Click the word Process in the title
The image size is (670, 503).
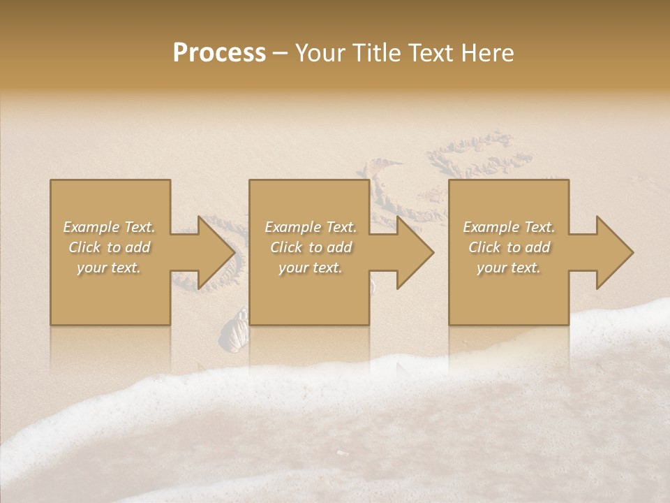pos(219,53)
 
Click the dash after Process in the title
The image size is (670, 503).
pos(281,54)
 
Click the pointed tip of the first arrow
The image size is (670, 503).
pos(233,252)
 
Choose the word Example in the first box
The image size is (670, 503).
pos(91,227)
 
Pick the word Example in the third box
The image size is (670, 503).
pos(491,227)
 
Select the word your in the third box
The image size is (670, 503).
pos(491,268)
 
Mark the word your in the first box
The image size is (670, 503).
pos(91,268)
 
